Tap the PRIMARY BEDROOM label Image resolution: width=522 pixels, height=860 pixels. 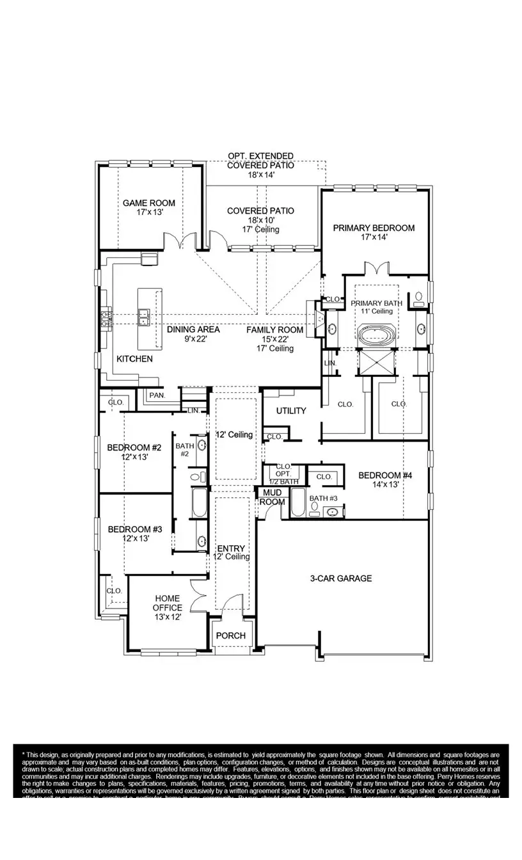(374, 228)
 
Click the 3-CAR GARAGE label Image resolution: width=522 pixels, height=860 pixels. (341, 578)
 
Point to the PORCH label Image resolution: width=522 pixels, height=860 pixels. (231, 635)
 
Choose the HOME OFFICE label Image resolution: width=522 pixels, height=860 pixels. (168, 603)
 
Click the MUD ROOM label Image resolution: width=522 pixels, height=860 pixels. (272, 497)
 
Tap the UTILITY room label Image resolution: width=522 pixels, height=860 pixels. (291, 411)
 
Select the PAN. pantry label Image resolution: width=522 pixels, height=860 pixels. (157, 396)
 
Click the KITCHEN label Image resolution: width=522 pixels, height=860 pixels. (134, 359)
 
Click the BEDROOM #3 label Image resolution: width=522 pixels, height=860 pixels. (134, 529)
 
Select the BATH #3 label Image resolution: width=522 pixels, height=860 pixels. (323, 498)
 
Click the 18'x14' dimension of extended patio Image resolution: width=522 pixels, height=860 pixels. (261, 175)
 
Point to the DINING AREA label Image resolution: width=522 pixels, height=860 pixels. (193, 330)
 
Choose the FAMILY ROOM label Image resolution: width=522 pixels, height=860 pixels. (275, 330)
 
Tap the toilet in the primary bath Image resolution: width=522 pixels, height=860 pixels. (419, 297)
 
